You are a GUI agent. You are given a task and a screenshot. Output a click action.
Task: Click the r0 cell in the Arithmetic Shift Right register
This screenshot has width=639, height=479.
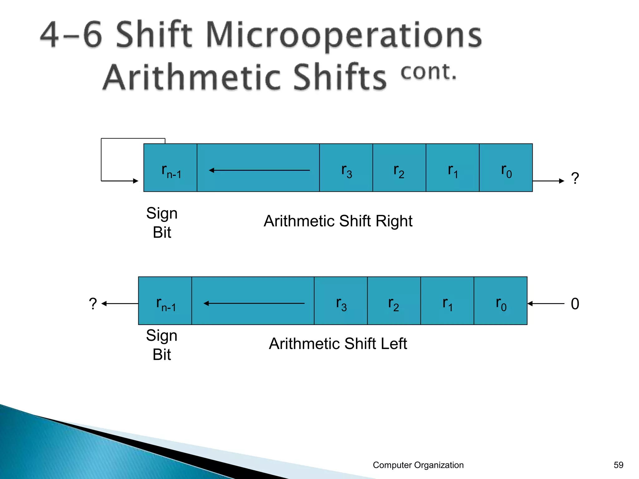pos(506,168)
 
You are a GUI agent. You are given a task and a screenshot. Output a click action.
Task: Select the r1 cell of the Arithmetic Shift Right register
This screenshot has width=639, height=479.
pos(452,168)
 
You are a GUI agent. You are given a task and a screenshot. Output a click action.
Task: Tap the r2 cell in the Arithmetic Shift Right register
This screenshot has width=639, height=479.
pos(399,168)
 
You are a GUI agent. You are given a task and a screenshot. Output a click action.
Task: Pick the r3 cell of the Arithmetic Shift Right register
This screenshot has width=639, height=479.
pos(346,168)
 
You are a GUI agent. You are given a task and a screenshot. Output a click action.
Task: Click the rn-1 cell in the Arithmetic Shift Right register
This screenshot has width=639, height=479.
pos(170,168)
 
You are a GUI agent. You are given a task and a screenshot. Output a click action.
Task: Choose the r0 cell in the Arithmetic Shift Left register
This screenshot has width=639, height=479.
pos(500,301)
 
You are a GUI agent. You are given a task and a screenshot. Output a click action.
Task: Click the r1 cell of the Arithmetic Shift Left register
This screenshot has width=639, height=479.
pos(447,301)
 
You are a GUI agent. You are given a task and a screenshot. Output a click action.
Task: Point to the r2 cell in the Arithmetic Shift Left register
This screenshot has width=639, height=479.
pos(394,301)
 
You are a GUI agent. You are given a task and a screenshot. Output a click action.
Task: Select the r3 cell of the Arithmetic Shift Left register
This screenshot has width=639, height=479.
pos(341,301)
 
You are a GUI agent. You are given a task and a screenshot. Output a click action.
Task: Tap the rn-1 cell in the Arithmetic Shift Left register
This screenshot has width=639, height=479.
pos(165,301)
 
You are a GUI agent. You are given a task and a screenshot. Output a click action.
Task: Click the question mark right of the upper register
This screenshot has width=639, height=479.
pos(575,178)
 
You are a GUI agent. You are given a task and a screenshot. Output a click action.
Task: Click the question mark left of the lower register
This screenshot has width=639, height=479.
pos(93,303)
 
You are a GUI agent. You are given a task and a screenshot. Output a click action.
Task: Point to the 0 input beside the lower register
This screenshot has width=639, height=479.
pos(575,304)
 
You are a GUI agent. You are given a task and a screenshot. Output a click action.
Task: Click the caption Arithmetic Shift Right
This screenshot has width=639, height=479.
pos(338,221)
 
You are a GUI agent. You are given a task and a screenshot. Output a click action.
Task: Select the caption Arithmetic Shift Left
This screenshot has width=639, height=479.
pos(338,344)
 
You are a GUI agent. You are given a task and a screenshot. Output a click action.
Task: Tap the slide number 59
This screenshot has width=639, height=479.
pos(618,465)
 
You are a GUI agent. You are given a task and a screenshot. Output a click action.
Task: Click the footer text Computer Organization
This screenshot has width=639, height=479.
pos(418,465)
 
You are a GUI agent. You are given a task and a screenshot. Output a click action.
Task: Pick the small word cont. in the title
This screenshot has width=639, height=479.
pos(428,72)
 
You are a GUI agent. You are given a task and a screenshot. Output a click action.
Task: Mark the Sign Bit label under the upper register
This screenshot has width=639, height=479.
pos(162,223)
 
